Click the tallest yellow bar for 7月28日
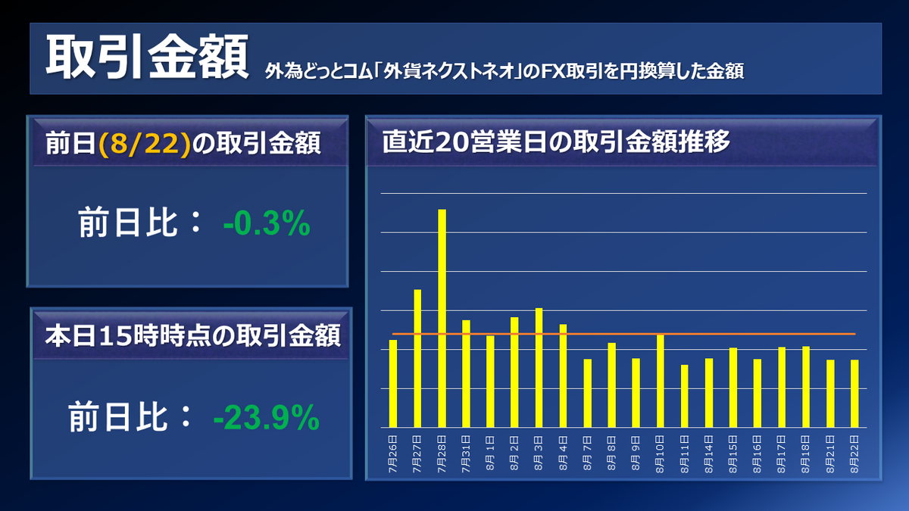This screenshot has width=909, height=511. (442, 318)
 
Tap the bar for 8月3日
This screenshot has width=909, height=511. (539, 367)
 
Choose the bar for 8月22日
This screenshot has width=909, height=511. (854, 393)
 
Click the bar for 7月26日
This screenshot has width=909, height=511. (393, 383)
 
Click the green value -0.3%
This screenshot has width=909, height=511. (267, 224)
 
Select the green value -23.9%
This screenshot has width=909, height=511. (267, 417)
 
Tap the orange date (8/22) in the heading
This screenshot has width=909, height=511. (144, 143)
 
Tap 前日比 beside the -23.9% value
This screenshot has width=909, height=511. (125, 417)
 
